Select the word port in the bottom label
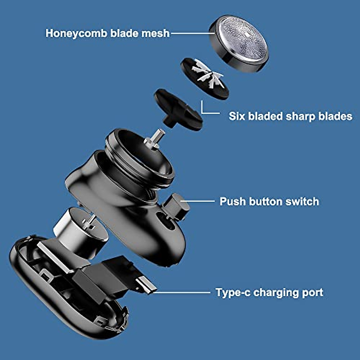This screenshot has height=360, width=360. point(312,292)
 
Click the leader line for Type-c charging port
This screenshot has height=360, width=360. point(183,292)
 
